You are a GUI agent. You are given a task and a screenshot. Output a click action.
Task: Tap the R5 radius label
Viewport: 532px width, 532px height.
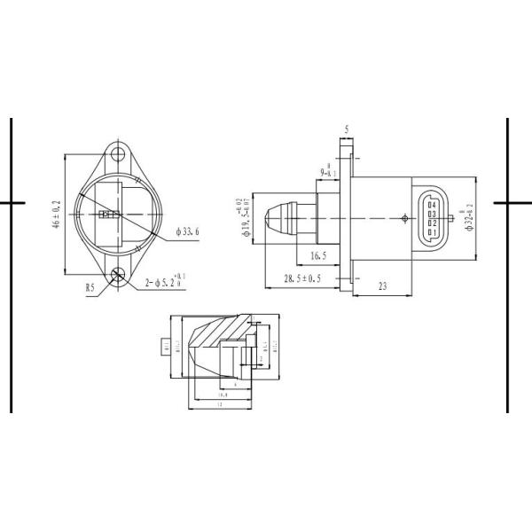90,286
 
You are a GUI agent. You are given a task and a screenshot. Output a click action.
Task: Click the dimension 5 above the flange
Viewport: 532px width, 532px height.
347,129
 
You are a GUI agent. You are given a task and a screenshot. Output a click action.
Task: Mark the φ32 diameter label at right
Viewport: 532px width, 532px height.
472,216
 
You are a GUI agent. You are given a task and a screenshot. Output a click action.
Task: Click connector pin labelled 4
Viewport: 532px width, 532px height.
431,204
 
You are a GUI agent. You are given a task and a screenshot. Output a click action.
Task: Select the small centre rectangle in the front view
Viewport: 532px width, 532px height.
109,214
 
